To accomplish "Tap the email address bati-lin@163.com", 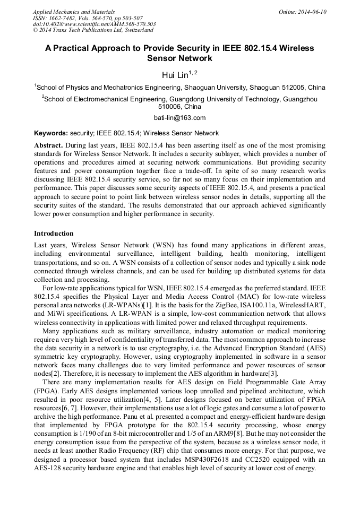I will point(179,118).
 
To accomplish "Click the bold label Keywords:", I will point(51,133).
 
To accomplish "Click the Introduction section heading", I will point(54,234).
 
